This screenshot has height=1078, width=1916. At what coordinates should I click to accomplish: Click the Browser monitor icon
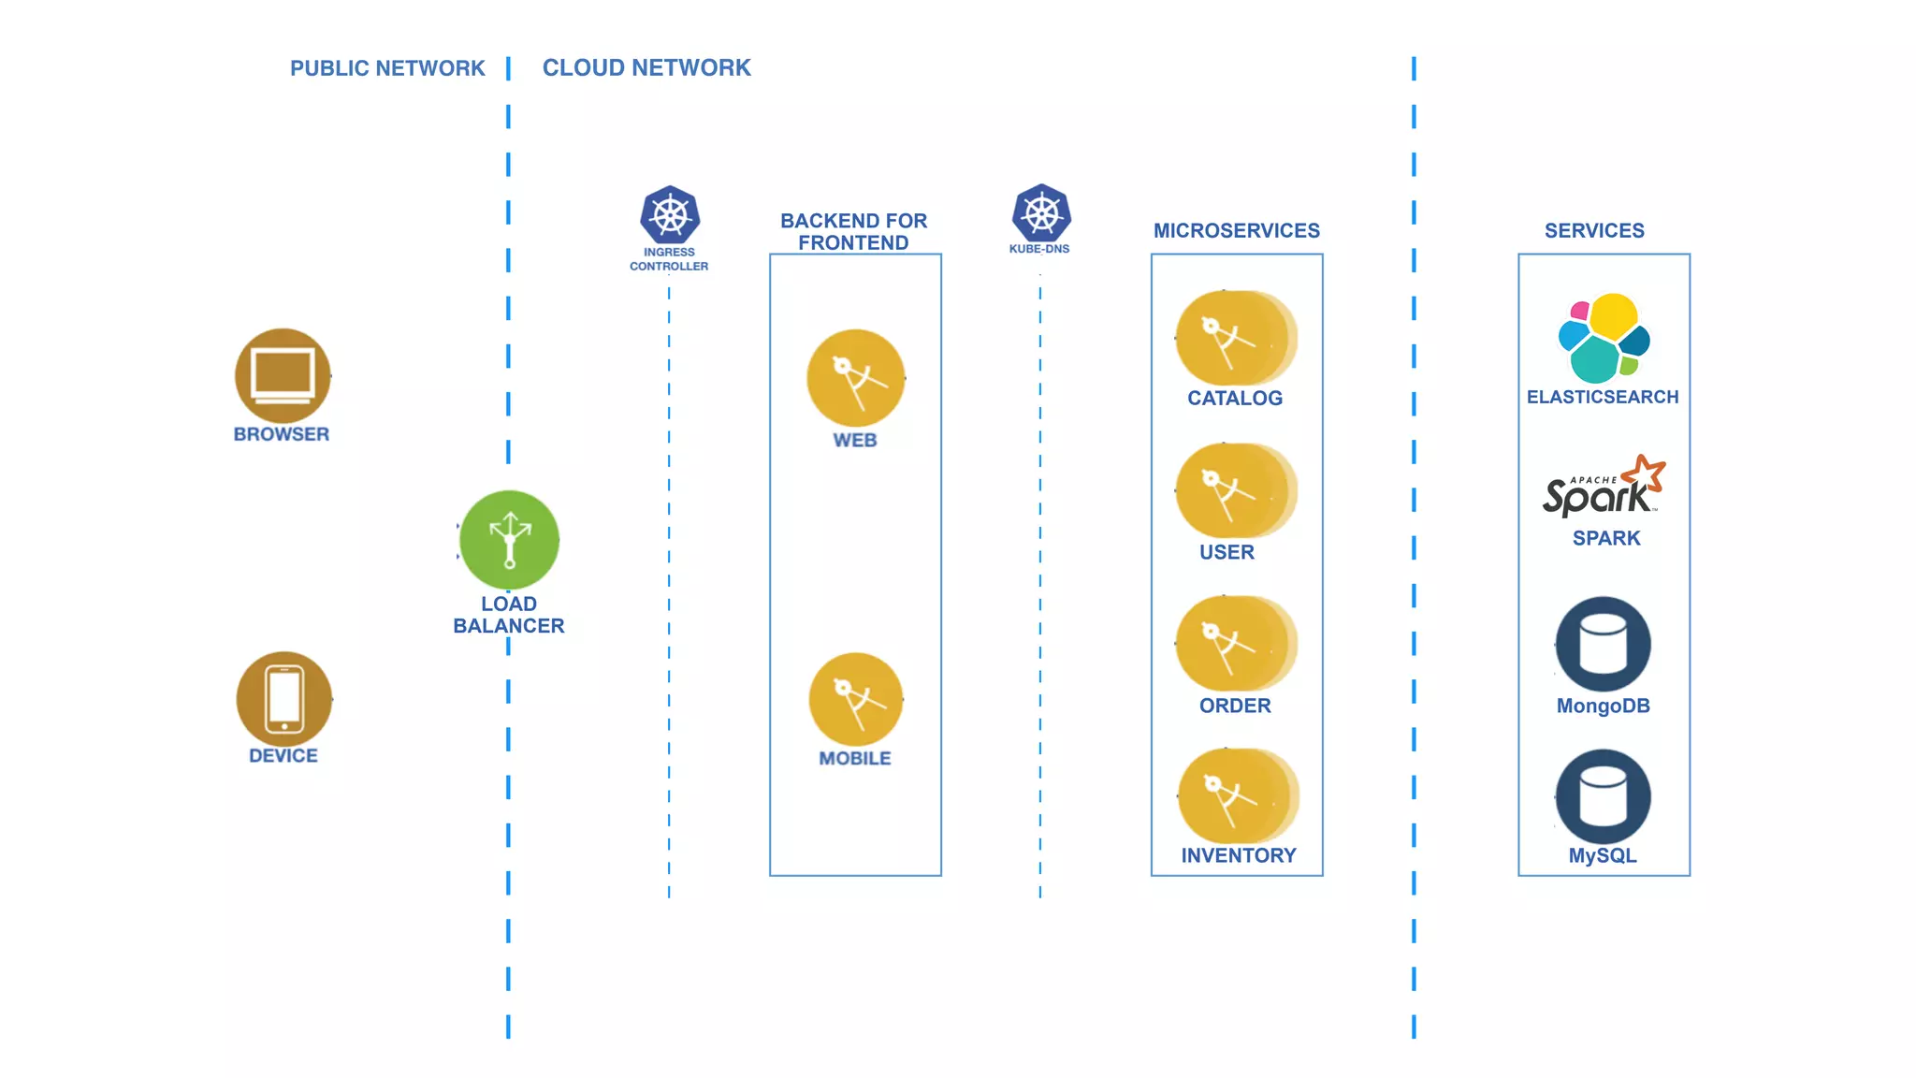[x=283, y=376]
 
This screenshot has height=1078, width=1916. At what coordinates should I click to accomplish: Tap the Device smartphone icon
[x=284, y=699]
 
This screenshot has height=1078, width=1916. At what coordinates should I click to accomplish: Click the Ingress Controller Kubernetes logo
[x=670, y=215]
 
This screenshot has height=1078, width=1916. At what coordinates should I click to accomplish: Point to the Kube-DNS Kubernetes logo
[x=1041, y=213]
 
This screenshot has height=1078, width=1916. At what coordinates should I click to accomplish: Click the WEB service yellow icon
[x=856, y=378]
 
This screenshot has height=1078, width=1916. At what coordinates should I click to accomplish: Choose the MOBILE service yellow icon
[x=856, y=700]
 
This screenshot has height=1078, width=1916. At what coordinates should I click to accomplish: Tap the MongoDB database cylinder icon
[x=1604, y=645]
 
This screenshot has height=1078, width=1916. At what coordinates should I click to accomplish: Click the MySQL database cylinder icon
[x=1604, y=797]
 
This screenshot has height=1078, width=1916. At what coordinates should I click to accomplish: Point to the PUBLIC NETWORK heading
[x=387, y=68]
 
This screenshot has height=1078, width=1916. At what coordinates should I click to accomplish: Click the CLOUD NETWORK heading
[x=646, y=68]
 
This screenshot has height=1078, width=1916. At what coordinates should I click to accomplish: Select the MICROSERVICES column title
[x=1237, y=230]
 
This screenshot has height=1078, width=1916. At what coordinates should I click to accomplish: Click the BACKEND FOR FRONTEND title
[x=854, y=231]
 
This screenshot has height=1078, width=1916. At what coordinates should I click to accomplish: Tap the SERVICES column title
[x=1594, y=230]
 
